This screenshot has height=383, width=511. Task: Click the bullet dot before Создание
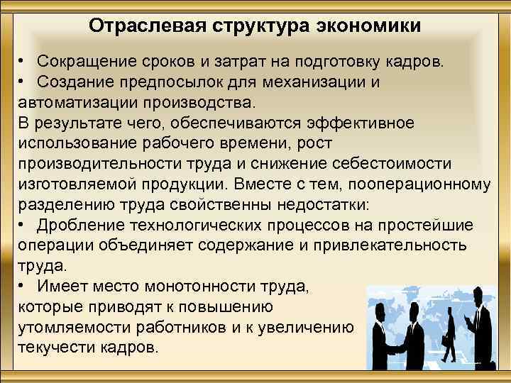[23, 82]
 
